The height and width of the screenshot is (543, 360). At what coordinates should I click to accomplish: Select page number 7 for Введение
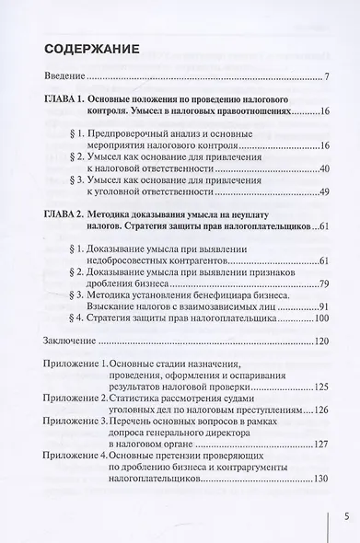[327, 76]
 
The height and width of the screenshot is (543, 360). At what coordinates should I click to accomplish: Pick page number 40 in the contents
[322, 168]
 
